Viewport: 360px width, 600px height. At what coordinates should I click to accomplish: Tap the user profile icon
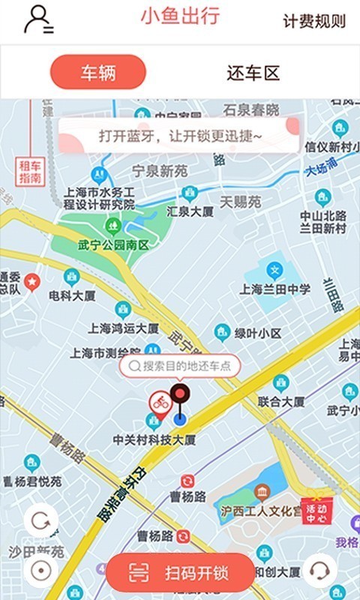(x=37, y=19)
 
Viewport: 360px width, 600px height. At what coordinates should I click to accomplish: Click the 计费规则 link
(x=314, y=21)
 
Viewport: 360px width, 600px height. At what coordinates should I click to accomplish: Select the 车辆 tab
(x=97, y=73)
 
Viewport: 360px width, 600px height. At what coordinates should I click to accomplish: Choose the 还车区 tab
(x=253, y=73)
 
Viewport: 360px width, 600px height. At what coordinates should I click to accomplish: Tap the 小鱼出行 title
(x=180, y=16)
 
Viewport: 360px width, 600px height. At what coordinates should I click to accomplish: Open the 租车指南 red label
(x=31, y=172)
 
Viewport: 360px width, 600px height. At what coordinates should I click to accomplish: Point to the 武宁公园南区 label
(x=113, y=245)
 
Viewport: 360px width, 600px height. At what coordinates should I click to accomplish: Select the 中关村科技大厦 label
(x=154, y=439)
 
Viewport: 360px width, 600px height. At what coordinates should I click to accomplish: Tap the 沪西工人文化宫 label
(x=260, y=510)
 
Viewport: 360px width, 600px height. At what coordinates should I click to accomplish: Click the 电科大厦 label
(x=72, y=295)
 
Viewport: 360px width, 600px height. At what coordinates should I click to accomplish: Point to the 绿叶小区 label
(x=257, y=332)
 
